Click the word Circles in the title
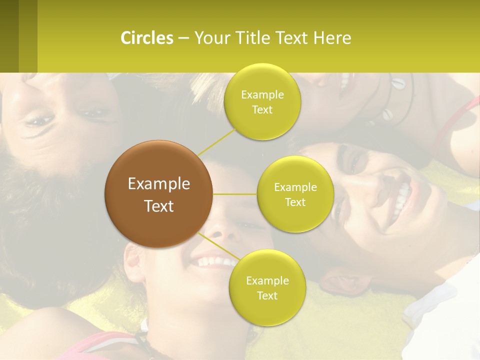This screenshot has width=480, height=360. pyautogui.click(x=146, y=38)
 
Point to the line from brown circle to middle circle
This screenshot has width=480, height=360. pyautogui.click(x=235, y=194)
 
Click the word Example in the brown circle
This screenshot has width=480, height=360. pyautogui.click(x=159, y=184)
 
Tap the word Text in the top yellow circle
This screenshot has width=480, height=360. pyautogui.click(x=262, y=110)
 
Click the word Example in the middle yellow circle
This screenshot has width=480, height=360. pyautogui.click(x=295, y=187)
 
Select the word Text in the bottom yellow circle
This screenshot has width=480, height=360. pyautogui.click(x=267, y=295)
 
